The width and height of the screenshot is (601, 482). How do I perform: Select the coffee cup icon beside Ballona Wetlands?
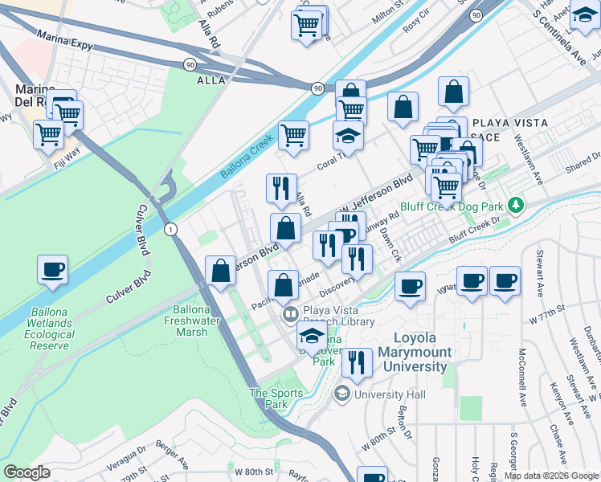click(x=52, y=270)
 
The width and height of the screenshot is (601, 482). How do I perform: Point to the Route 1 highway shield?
click(x=170, y=230)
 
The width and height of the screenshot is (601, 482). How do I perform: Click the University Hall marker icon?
click(x=342, y=394)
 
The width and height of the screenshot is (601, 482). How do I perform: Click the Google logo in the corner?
click(x=27, y=472)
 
